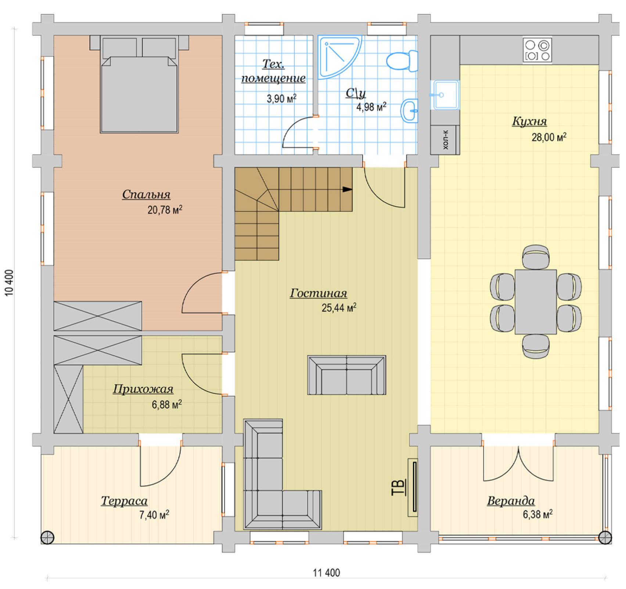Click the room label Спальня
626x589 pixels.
tap(146, 195)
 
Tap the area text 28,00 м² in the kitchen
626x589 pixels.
tap(549, 137)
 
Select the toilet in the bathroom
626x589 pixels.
tap(402, 61)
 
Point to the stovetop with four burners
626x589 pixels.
tap(537, 50)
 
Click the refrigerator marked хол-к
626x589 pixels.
tap(445, 140)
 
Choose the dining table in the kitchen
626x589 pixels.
tap(536, 302)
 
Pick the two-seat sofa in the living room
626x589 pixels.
tap(347, 375)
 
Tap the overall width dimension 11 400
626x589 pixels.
tap(326, 573)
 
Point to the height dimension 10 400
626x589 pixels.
tap(9, 283)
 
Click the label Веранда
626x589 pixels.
tap(511, 501)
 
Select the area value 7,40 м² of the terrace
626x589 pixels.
tap(154, 515)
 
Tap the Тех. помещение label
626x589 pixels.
tap(273, 71)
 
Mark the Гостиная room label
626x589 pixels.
tap(318, 293)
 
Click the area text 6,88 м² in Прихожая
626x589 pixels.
tap(167, 405)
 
